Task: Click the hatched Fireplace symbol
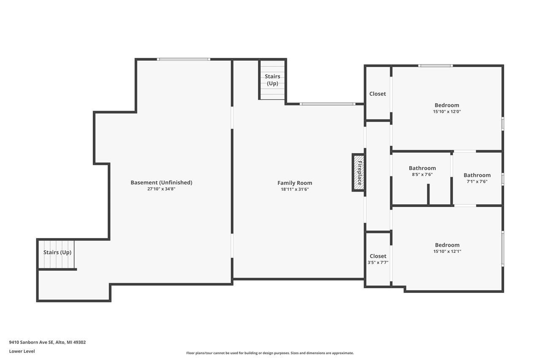point(358,173)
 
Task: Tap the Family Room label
point(294,183)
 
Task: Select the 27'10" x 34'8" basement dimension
point(161,189)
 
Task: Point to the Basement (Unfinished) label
point(161,182)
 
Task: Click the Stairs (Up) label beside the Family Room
point(273,80)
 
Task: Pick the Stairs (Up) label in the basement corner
point(57,252)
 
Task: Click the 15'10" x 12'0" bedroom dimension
point(447,112)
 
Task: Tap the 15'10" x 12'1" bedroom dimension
point(447,251)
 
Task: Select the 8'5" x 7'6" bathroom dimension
point(422,174)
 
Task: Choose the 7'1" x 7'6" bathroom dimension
point(477,181)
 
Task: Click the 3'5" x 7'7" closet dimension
point(378,263)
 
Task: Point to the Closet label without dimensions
point(378,94)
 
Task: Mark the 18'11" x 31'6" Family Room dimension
point(294,189)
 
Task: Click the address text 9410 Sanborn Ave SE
point(31,342)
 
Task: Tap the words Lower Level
point(22,351)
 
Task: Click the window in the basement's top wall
point(184,60)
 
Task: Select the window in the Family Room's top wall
point(327,104)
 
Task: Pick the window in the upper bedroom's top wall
point(435,65)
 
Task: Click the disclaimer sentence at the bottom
point(270,353)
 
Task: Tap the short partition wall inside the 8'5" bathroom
point(428,194)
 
